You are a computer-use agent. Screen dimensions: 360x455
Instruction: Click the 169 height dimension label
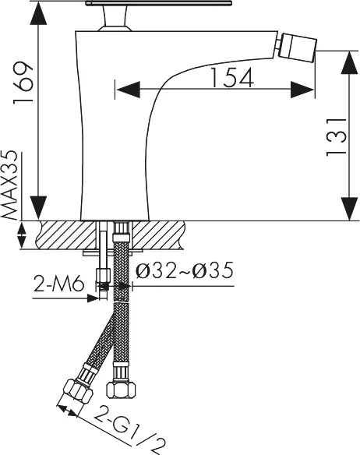pyautogui.click(x=23, y=82)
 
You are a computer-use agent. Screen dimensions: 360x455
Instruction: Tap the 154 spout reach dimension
pyautogui.click(x=231, y=77)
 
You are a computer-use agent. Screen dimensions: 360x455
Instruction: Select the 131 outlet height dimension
pyautogui.click(x=337, y=137)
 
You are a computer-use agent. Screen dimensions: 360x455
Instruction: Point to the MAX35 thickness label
pyautogui.click(x=10, y=185)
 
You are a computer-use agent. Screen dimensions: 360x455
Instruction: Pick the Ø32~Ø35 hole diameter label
pyautogui.click(x=185, y=270)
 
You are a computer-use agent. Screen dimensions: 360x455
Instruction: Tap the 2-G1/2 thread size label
pyautogui.click(x=130, y=430)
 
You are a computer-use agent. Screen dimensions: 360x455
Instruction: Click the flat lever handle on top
pyautogui.click(x=158, y=3)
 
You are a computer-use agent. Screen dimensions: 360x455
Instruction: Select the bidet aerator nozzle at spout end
pyautogui.click(x=296, y=48)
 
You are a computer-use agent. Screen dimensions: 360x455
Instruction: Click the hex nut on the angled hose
pyautogui.click(x=77, y=390)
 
